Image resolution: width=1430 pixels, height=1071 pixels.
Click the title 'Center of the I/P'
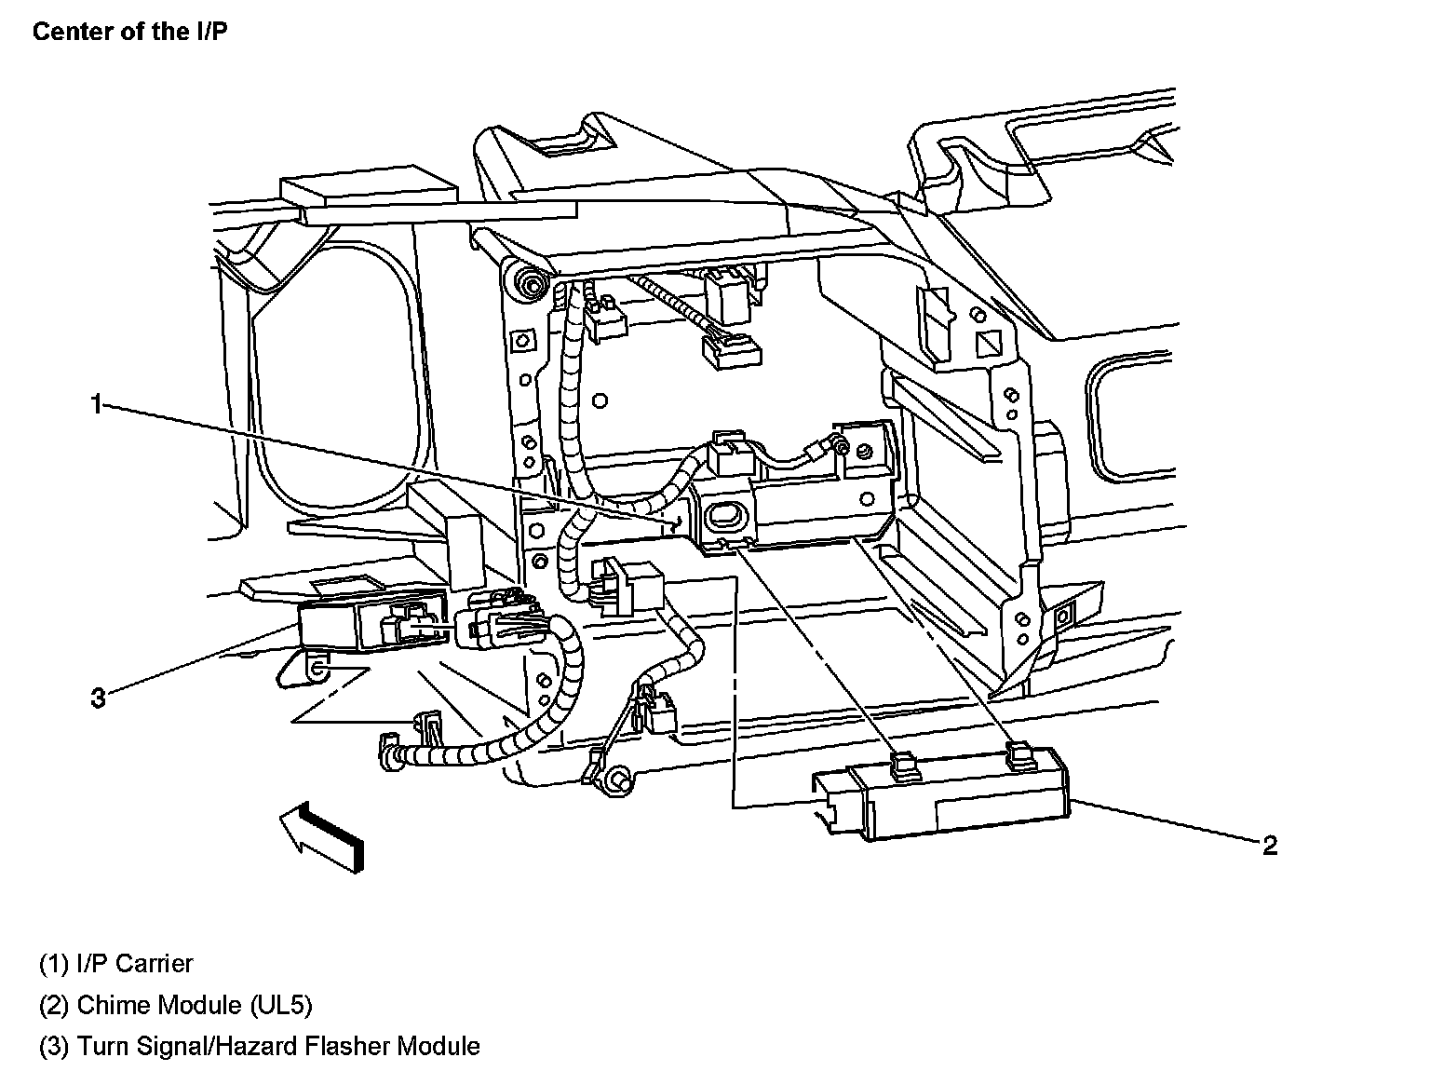[x=129, y=32]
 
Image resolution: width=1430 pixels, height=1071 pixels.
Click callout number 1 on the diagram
[x=95, y=403]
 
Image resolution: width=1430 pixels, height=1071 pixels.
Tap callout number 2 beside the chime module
[x=1270, y=845]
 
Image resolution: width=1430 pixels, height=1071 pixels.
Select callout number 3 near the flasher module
[x=98, y=697]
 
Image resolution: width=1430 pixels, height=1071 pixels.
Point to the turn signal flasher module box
[x=344, y=624]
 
